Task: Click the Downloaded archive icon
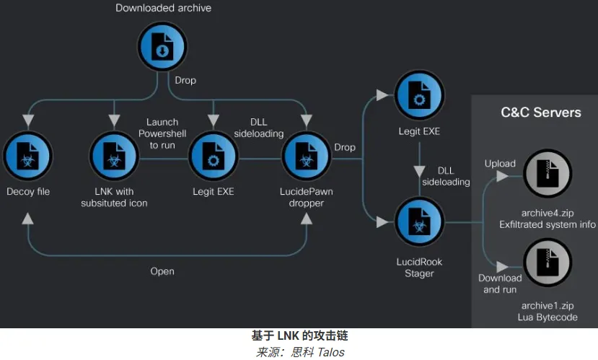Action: click(163, 47)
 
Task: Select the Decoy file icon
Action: click(27, 157)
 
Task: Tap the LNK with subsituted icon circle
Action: click(114, 157)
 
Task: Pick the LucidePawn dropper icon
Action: click(307, 157)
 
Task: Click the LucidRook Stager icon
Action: click(419, 222)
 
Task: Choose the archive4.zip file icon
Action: click(548, 175)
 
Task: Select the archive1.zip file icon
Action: click(548, 263)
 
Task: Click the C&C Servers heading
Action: click(540, 112)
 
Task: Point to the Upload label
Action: click(500, 164)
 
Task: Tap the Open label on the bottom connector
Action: click(162, 271)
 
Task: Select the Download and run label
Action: click(500, 284)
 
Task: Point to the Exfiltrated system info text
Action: click(548, 225)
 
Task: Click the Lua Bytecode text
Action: click(548, 317)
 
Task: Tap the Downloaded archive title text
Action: click(164, 9)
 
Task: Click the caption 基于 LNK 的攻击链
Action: click(299, 336)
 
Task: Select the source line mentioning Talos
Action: click(299, 352)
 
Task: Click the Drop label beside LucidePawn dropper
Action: click(345, 147)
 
